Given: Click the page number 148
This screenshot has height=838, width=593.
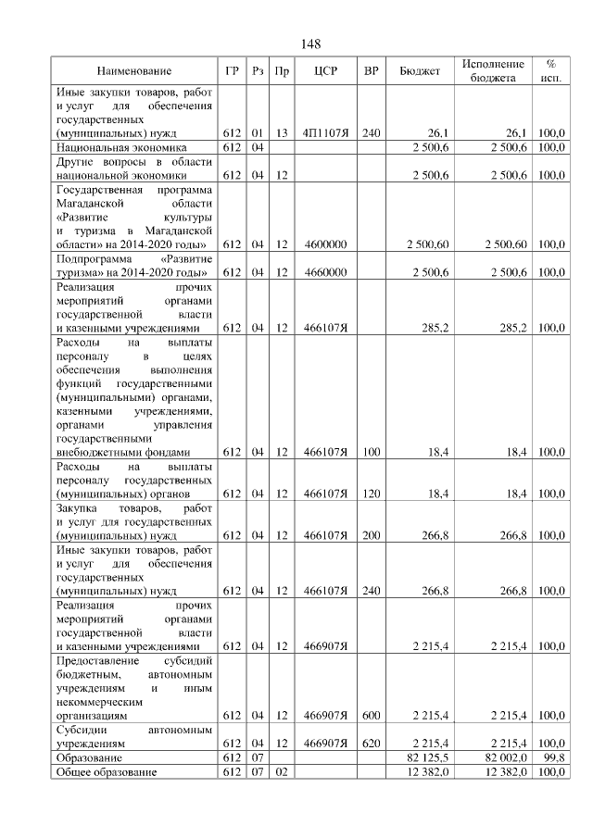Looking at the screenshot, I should coord(310,44).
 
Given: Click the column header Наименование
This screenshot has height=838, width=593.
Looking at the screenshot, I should coord(134,71).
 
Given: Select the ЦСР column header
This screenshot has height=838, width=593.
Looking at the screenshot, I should coord(324,71).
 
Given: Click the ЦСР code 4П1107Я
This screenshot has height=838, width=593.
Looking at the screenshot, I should coord(324,133).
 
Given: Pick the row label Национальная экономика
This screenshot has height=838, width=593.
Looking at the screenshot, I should coord(121,147).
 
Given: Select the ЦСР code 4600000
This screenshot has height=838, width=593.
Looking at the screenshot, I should coord(324,244).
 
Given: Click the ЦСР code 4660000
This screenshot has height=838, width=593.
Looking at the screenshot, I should coord(324,272).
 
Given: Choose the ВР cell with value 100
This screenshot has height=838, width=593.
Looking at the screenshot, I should coord(372,452).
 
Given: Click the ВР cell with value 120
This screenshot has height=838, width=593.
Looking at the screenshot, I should coord(372,494).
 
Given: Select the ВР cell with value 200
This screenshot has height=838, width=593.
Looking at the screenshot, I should coord(372,535).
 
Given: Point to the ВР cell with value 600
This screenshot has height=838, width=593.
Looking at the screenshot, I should coord(372,715).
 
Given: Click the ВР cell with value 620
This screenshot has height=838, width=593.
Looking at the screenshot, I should coord(372,743).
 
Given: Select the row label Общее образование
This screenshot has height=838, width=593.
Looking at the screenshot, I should coord(107,771).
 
